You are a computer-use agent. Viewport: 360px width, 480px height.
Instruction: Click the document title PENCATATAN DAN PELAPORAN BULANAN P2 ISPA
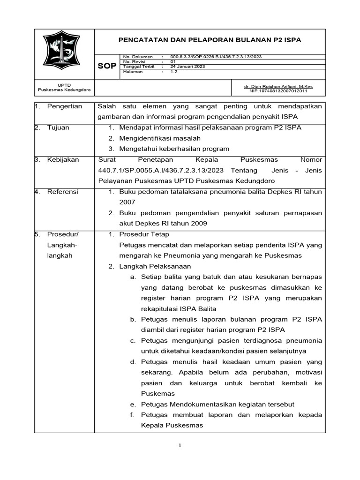[x=210, y=40]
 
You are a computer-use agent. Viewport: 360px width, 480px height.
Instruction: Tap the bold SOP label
[x=106, y=67]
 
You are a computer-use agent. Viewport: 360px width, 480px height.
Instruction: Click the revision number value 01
[x=173, y=61]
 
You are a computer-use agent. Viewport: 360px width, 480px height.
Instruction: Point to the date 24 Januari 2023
[x=187, y=67]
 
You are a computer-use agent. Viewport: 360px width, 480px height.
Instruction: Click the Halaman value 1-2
[x=174, y=72]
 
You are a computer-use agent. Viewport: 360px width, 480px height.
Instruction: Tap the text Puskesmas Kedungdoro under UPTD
[x=64, y=90]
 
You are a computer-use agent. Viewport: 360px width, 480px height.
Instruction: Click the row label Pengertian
[x=65, y=106]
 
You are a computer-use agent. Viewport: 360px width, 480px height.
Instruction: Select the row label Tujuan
[x=58, y=127]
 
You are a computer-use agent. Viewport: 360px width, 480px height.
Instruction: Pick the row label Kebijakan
[x=63, y=159]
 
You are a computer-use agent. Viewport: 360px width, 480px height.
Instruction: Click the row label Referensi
[x=63, y=192]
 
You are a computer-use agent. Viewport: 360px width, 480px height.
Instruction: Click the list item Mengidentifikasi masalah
[x=160, y=138]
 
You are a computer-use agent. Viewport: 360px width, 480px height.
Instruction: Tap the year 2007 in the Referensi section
[x=127, y=202]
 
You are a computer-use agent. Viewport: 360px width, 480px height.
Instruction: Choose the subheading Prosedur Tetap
[x=144, y=234]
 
